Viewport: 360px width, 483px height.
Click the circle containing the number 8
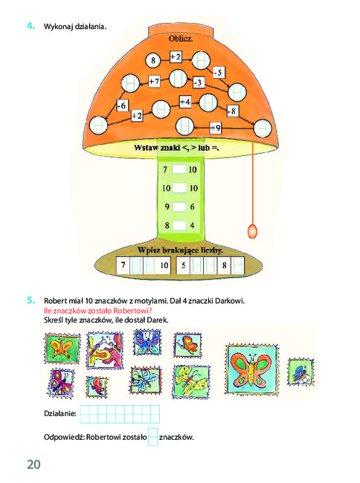[153, 60]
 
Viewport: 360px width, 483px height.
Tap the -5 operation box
[219, 72]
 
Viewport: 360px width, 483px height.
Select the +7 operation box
[154, 81]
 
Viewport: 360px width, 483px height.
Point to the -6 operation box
[122, 106]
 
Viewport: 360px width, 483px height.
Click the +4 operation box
[185, 101]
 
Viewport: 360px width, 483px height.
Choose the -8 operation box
[232, 111]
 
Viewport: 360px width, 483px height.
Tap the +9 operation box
[216, 127]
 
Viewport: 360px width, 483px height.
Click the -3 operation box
[199, 82]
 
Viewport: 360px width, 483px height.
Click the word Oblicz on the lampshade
[181, 39]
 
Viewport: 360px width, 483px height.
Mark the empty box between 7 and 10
[179, 169]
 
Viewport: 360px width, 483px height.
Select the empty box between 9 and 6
[179, 207]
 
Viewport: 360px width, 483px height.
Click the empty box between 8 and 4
[179, 225]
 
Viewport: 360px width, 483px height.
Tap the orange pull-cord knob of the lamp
[252, 231]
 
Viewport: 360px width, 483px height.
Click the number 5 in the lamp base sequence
[184, 265]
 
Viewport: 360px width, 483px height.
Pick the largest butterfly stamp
[251, 369]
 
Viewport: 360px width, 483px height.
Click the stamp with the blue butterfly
[147, 343]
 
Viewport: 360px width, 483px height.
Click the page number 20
[33, 464]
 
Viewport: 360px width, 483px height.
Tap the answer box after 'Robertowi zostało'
[153, 437]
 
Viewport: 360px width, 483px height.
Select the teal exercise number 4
[30, 26]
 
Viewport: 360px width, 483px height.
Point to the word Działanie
[60, 413]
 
